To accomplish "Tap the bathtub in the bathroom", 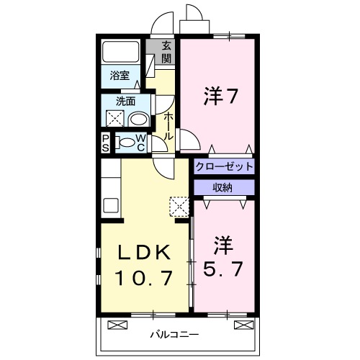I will point(120,52).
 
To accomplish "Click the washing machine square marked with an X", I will point(115,119).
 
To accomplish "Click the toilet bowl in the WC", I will point(127,143).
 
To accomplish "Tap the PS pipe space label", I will point(106,143).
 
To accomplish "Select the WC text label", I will point(141,143).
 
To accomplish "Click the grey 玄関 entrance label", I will point(166,52).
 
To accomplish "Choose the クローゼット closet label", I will point(224,166).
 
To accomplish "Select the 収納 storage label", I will point(222,187).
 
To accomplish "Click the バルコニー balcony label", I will point(175,334).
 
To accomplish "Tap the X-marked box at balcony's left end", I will point(116,325).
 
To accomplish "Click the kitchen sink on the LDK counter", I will point(111,204).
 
